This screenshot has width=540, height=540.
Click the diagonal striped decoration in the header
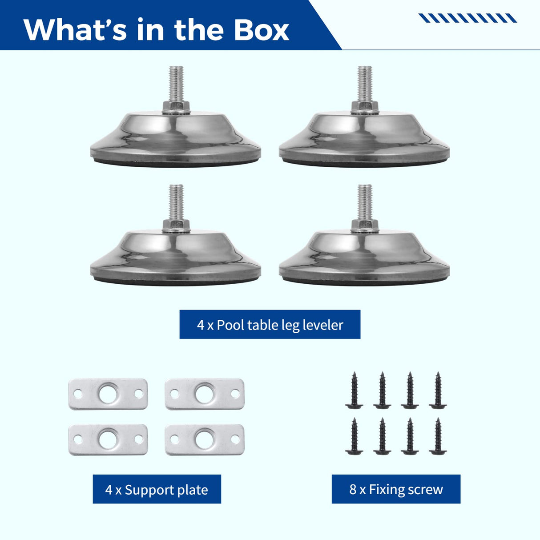pos(467,18)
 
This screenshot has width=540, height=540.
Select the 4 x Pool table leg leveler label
pos(270,325)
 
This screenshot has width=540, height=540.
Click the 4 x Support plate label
pos(157,489)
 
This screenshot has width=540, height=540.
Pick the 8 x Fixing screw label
pos(396,489)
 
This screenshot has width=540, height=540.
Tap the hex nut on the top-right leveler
pos(365,107)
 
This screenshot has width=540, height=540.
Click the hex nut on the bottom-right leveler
pos(365,226)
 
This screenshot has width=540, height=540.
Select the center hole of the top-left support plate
pos(108,394)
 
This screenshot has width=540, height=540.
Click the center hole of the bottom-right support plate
pos(205,439)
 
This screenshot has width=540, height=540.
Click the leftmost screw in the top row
pos(354,390)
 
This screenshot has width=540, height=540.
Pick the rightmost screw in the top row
pos(438,390)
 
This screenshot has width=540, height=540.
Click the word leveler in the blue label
pos(322,325)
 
